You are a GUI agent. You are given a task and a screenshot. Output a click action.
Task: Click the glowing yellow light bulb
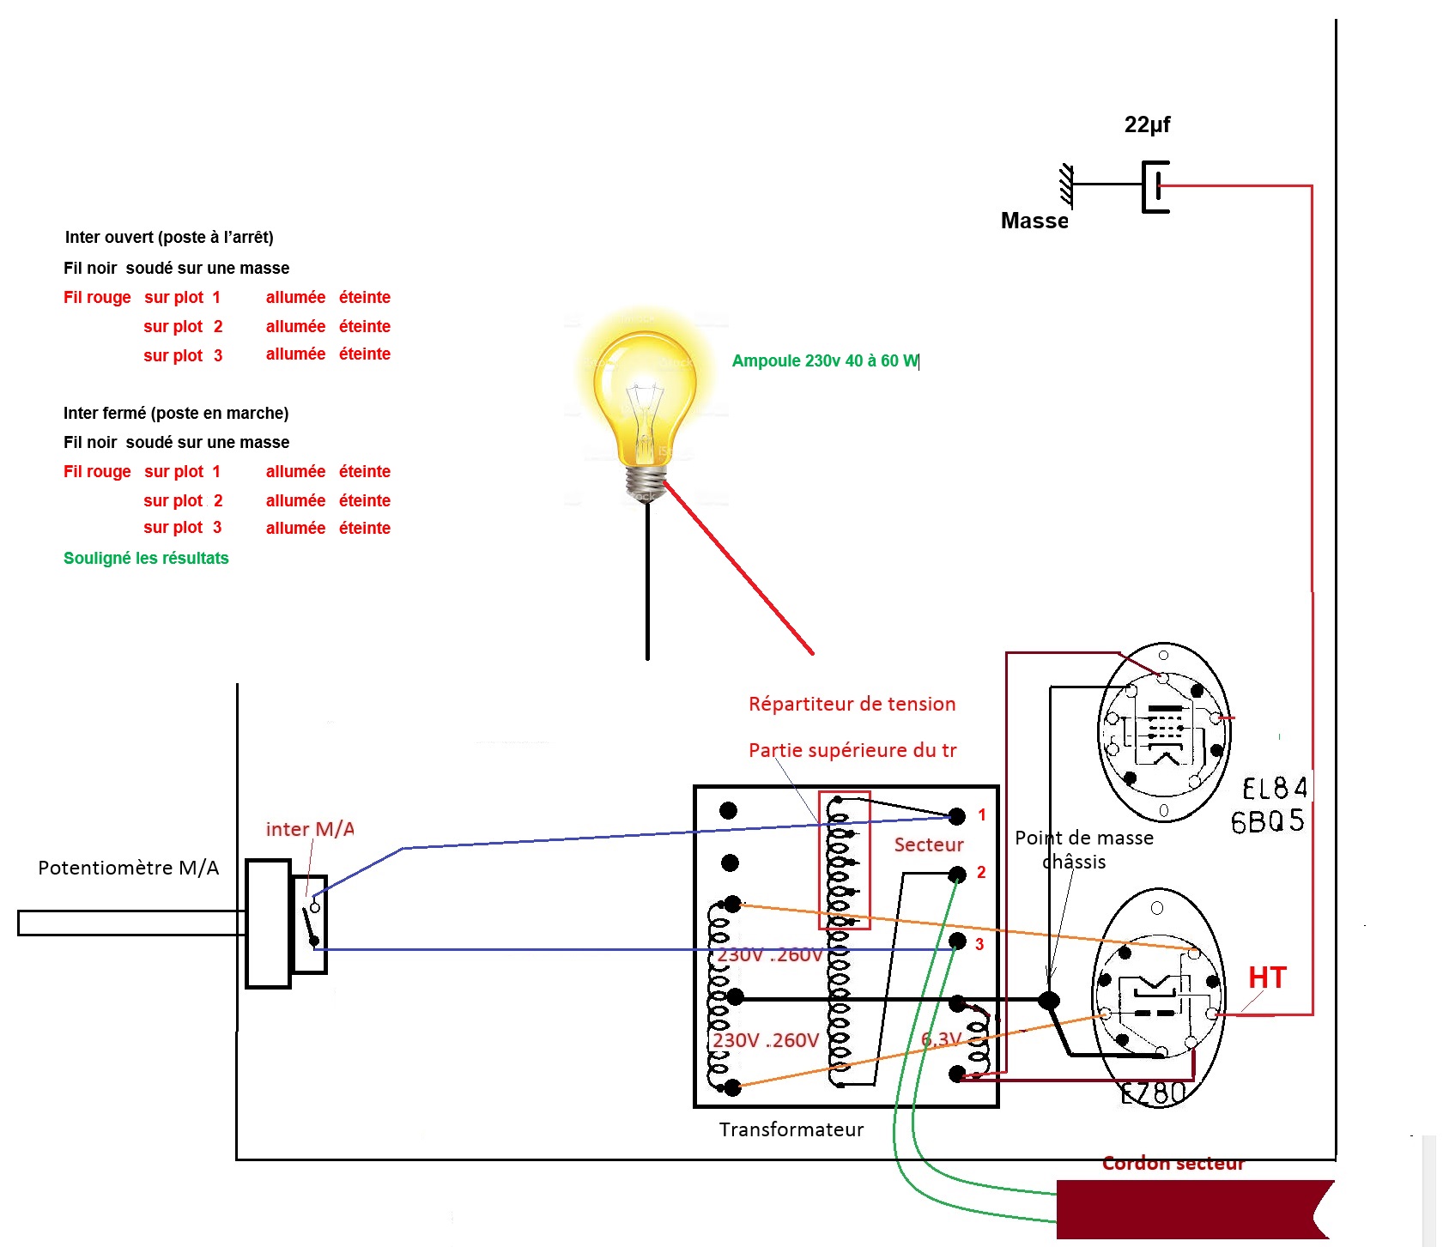click(646, 403)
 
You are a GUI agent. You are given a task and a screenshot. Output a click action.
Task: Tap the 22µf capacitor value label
click(1147, 125)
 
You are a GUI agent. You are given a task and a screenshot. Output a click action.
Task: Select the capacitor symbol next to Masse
click(1155, 185)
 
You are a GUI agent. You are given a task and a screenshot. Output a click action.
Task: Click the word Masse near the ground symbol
click(1034, 221)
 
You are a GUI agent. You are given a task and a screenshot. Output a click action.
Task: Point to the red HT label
click(1267, 978)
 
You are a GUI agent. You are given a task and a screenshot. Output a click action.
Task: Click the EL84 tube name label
click(1275, 788)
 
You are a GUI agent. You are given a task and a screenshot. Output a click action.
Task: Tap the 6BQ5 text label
click(1267, 821)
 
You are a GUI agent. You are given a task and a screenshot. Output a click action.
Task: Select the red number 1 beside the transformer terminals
click(982, 814)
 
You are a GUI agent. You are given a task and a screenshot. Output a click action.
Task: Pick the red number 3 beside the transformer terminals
click(979, 944)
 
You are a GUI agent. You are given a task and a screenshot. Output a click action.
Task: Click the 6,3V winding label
click(941, 1039)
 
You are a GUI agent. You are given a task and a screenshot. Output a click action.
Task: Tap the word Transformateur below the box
click(791, 1129)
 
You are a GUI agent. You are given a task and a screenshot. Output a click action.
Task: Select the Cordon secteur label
click(1173, 1163)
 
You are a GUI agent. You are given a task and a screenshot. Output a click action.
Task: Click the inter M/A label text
click(310, 829)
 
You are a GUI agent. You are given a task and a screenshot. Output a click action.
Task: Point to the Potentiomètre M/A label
click(129, 868)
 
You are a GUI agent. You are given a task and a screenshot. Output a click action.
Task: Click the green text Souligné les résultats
click(146, 558)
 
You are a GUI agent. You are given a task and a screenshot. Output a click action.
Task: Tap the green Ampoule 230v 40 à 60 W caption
click(825, 360)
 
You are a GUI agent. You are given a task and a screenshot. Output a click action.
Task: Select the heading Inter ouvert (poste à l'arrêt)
click(169, 237)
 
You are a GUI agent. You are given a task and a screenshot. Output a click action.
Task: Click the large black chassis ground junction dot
click(1048, 1000)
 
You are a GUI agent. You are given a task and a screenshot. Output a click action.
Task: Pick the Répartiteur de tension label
click(852, 704)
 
